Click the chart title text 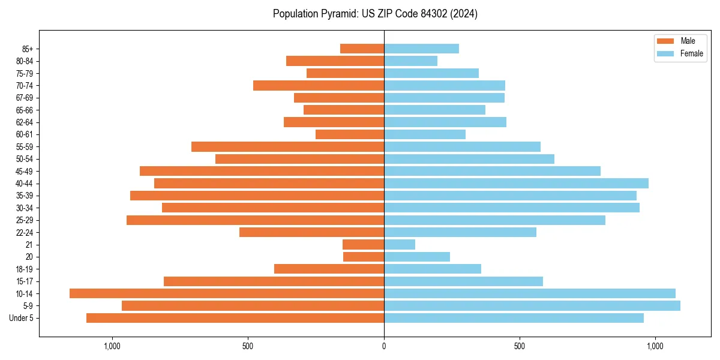(375, 14)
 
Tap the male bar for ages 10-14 (227, 293)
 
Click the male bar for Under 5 (235, 318)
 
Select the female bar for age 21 (400, 244)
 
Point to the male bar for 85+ (362, 49)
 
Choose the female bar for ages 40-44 (516, 183)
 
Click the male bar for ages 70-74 (319, 85)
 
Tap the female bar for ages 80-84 (410, 61)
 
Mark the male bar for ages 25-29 (255, 220)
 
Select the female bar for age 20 (417, 257)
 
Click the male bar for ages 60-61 (350, 134)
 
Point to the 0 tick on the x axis (384, 346)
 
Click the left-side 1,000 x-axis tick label (112, 346)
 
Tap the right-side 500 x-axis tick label (520, 346)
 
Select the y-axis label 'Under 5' (22, 318)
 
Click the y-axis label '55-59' (25, 146)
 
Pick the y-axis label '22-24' (25, 232)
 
